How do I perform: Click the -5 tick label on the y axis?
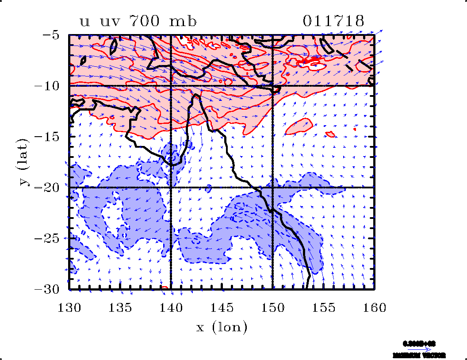pos(52,35)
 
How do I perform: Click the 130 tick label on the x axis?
pos(69,307)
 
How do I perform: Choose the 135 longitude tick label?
pos(120,307)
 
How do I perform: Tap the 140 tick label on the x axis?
pos(171,307)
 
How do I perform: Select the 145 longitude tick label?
pos(222,307)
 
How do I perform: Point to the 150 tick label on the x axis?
pos(273,307)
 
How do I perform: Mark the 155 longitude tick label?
pos(324,307)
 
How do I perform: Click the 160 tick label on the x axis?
pos(375,307)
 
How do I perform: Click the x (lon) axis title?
pos(222,328)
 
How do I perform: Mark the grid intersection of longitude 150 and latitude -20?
pos(272,188)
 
